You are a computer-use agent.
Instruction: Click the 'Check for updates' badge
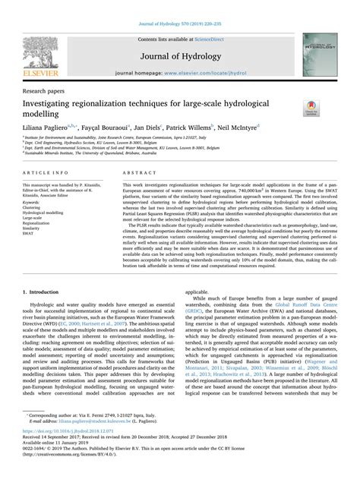pyautogui.click(x=310, y=109)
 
